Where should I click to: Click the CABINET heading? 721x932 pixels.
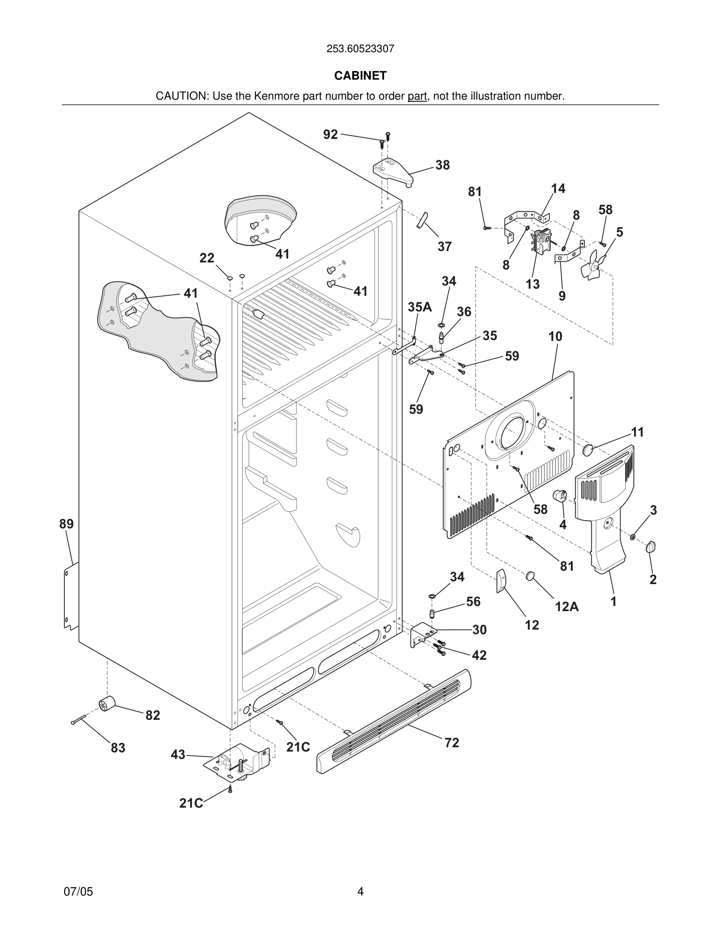click(360, 76)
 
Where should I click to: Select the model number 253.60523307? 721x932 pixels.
click(360, 49)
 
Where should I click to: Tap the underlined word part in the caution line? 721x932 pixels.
click(417, 96)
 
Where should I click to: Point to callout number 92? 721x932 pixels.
click(330, 135)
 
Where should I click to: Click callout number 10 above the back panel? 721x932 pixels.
click(555, 336)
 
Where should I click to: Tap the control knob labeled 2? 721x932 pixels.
click(651, 547)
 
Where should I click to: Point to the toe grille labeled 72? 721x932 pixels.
click(393, 721)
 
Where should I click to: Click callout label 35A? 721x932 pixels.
click(419, 307)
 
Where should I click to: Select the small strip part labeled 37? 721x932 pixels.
click(422, 219)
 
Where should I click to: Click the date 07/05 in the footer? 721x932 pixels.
click(78, 892)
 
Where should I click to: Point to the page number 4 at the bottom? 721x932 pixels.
click(360, 892)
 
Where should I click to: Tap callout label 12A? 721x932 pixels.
click(566, 606)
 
